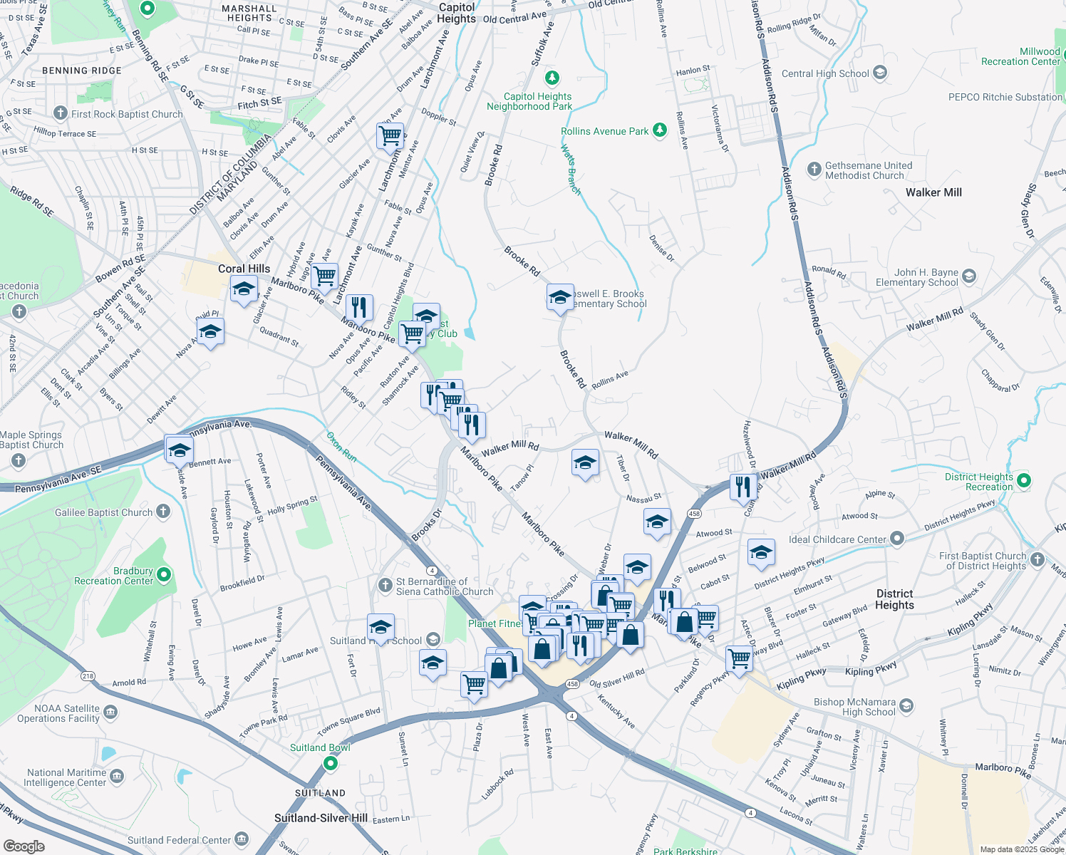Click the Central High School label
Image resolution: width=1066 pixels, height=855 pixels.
point(825,73)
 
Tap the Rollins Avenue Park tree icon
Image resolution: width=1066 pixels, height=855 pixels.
point(660,130)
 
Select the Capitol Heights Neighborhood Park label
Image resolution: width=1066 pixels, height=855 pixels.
point(529,101)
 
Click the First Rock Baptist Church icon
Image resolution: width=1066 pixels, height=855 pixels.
point(61,113)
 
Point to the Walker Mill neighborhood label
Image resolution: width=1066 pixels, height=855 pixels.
point(933,192)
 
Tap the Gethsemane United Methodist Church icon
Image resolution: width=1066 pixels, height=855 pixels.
point(814,170)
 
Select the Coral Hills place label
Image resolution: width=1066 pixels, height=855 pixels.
point(244,269)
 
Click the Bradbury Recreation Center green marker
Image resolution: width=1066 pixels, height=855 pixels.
point(164,574)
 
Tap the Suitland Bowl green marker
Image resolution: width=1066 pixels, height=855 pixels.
point(330,763)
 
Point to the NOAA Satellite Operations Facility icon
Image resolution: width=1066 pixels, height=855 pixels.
point(110,712)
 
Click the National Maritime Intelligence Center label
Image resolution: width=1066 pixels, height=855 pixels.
point(65,777)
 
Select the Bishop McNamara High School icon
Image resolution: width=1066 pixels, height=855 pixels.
point(906,706)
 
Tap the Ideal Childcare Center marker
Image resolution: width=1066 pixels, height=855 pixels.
point(897,539)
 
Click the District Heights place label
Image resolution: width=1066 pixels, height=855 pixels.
point(894,599)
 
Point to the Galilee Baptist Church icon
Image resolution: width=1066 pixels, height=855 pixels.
point(163,512)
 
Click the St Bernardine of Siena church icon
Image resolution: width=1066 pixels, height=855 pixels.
point(385,586)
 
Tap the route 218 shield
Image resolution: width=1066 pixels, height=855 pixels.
point(88,676)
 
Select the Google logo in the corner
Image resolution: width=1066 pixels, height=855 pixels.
point(24,846)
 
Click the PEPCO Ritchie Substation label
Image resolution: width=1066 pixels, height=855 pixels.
point(1005,97)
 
